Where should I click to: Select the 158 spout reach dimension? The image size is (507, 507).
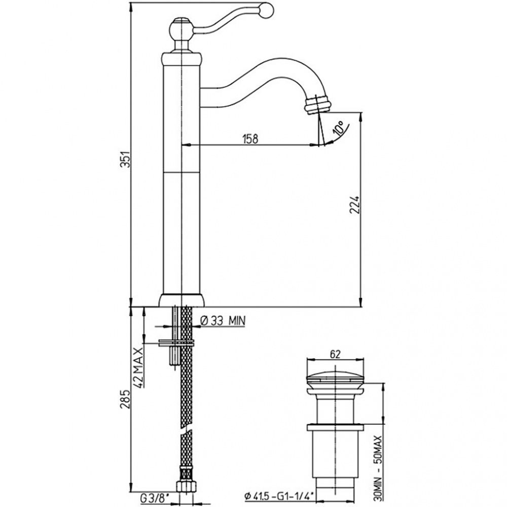point(250,139)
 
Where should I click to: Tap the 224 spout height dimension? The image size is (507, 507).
point(355,204)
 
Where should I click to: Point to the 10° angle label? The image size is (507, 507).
point(339,128)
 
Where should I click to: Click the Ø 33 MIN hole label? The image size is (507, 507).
point(223,321)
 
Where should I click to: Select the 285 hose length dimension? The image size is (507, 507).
point(125,399)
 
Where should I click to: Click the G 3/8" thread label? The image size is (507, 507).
point(155,498)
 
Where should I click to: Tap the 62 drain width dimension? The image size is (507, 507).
point(335,354)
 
